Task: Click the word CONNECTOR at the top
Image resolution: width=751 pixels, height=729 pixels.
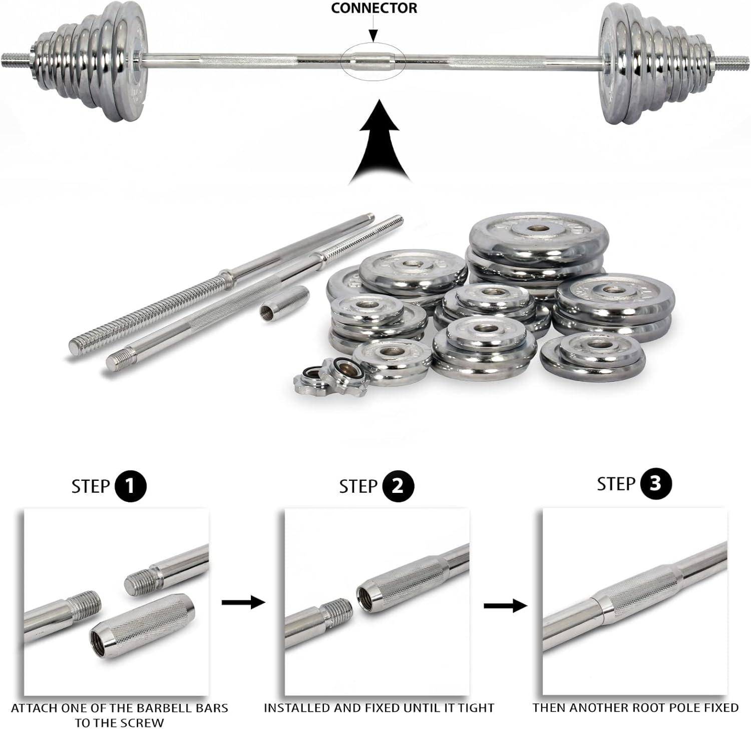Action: point(374,8)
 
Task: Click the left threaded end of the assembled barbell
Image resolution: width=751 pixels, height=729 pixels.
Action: point(17,60)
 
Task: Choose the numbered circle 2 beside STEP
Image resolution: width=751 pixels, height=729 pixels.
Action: point(398,486)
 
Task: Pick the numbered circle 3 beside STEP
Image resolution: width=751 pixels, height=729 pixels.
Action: point(655,484)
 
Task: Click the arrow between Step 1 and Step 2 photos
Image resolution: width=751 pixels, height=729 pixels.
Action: point(243,602)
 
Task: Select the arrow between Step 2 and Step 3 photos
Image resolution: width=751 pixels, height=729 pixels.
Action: point(506,605)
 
